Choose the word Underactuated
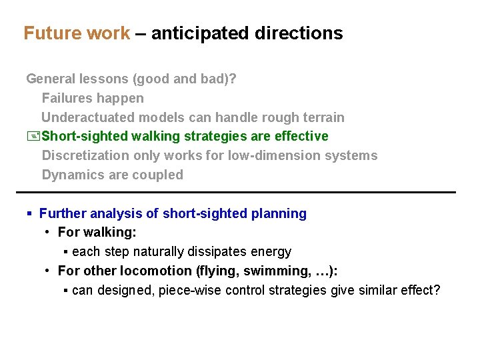pos(88,117)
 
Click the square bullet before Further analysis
pos(29,214)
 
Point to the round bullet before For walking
pos(48,233)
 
